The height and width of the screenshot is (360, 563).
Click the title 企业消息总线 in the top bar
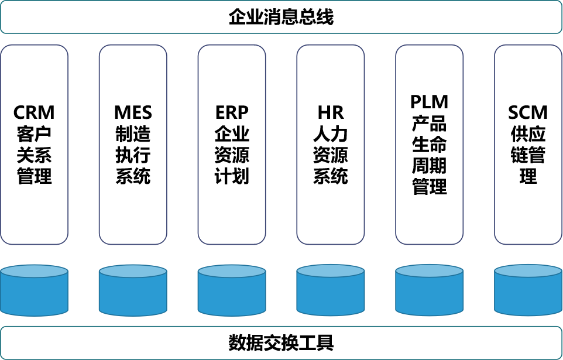tap(281, 17)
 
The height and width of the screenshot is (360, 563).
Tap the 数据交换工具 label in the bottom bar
tap(281, 342)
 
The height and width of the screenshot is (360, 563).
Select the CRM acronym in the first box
tap(35, 112)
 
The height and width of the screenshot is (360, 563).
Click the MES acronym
tap(133, 112)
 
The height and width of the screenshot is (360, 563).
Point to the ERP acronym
tap(232, 112)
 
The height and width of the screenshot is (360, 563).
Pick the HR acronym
tap(331, 112)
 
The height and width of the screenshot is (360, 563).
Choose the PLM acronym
tap(429, 102)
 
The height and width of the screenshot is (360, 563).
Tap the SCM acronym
tap(528, 112)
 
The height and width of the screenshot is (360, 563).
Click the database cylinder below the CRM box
tap(35, 290)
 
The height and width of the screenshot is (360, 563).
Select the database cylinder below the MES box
tap(133, 290)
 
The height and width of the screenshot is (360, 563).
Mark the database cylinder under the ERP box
tap(232, 290)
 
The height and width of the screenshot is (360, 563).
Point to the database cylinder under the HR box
tap(331, 290)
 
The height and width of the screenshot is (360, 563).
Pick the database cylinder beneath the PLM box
tap(429, 290)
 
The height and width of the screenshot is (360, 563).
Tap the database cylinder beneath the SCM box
tap(528, 290)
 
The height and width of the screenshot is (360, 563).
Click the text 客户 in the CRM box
tap(35, 134)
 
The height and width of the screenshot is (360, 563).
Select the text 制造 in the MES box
tap(133, 134)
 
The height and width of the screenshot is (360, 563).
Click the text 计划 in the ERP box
tap(232, 176)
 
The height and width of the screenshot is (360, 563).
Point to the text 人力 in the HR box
tap(331, 134)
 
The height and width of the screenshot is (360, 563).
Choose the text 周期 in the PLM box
tap(429, 166)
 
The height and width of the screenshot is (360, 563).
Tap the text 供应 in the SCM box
tap(528, 134)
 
